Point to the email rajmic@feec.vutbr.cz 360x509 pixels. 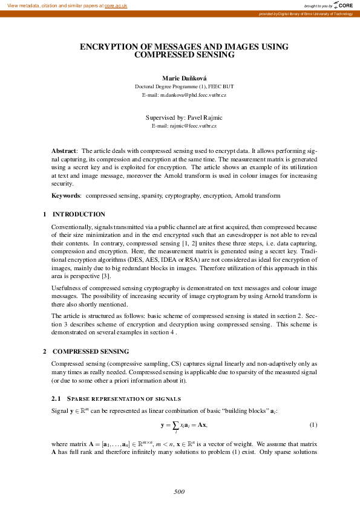coord(184,125)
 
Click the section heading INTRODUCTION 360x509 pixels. coord(79,214)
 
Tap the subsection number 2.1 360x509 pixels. coord(57,399)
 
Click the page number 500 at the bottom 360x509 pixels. coord(179,492)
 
